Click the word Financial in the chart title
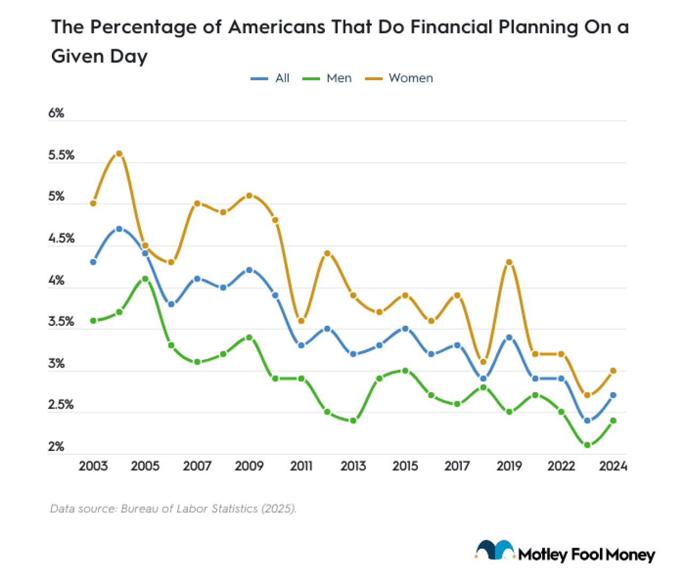(451, 27)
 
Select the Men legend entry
(339, 78)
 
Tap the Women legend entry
(410, 78)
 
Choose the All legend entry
(282, 78)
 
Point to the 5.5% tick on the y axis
(61, 156)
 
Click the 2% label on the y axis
(56, 447)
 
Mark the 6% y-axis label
(56, 113)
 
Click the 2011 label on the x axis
(301, 467)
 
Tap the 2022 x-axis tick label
(561, 467)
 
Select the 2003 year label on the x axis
(93, 467)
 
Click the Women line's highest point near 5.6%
(119, 154)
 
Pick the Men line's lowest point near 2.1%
(587, 445)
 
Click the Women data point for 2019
(509, 262)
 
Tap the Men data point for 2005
(145, 279)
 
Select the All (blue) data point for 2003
(93, 262)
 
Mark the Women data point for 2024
(613, 371)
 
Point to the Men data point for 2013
(353, 421)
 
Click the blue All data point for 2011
(301, 346)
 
